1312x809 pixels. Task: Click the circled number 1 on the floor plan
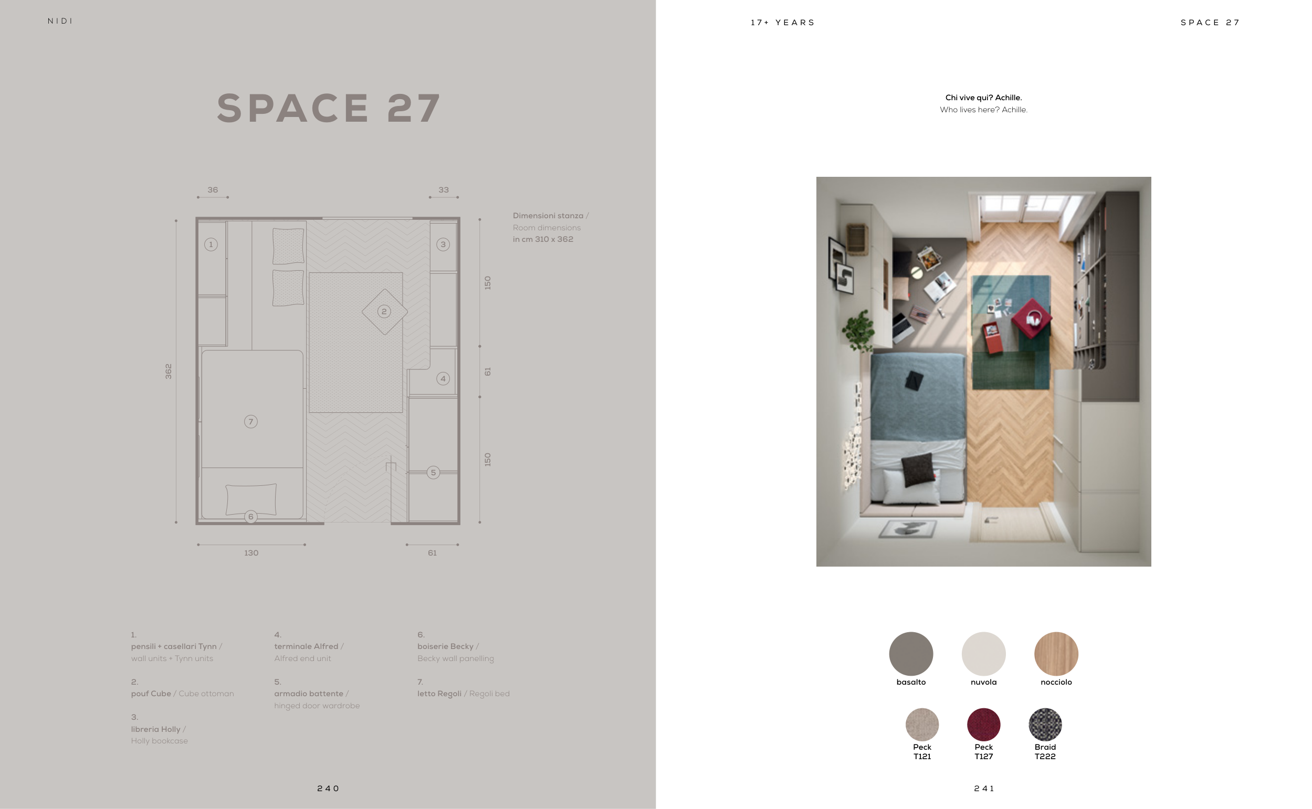tap(211, 244)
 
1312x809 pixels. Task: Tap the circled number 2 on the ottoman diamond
tap(384, 312)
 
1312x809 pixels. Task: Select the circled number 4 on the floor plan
tap(443, 379)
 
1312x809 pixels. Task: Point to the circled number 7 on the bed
tap(250, 422)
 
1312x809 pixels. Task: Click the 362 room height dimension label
tap(169, 371)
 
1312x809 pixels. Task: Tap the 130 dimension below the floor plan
tap(251, 552)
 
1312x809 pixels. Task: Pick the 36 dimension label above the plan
tap(213, 190)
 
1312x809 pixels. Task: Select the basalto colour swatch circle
tap(910, 653)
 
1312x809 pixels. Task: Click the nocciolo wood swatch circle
tap(1056, 653)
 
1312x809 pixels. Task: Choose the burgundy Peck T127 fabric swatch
tap(983, 725)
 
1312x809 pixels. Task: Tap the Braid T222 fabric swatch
tap(1045, 725)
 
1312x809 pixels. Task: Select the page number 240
tap(328, 789)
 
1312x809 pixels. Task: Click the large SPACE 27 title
tap(329, 109)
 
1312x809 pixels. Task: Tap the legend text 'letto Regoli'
tap(439, 694)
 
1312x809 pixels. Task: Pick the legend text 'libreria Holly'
tap(156, 729)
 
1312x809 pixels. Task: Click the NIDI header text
tap(60, 22)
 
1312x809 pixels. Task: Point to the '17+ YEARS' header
tap(782, 23)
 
